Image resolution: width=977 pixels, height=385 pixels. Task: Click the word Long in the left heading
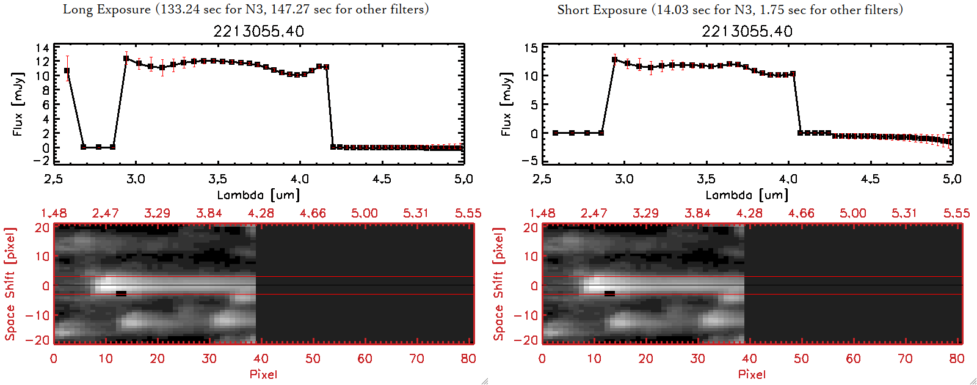click(x=76, y=10)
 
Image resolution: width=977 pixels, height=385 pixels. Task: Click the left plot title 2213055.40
click(x=258, y=31)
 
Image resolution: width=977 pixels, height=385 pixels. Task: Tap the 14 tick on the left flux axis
click(x=42, y=48)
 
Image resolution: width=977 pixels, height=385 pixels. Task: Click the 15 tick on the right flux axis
click(x=531, y=48)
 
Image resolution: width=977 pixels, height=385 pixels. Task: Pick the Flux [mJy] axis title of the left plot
click(x=18, y=104)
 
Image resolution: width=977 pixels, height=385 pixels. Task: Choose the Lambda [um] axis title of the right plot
click(x=747, y=195)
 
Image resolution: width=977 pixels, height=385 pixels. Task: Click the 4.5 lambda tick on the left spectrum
click(x=382, y=179)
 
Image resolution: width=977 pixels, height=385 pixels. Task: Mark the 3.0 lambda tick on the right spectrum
click(x=624, y=179)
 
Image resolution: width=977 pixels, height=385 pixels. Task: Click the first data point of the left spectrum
click(x=67, y=71)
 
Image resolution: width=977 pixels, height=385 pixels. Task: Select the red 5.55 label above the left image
click(x=468, y=213)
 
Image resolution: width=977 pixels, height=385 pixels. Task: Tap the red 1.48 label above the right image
click(x=542, y=213)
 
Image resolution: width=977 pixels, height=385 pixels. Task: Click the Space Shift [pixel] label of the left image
click(x=10, y=284)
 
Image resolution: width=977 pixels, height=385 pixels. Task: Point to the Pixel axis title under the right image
click(x=752, y=374)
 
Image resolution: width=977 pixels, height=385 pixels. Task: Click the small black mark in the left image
click(x=121, y=294)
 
